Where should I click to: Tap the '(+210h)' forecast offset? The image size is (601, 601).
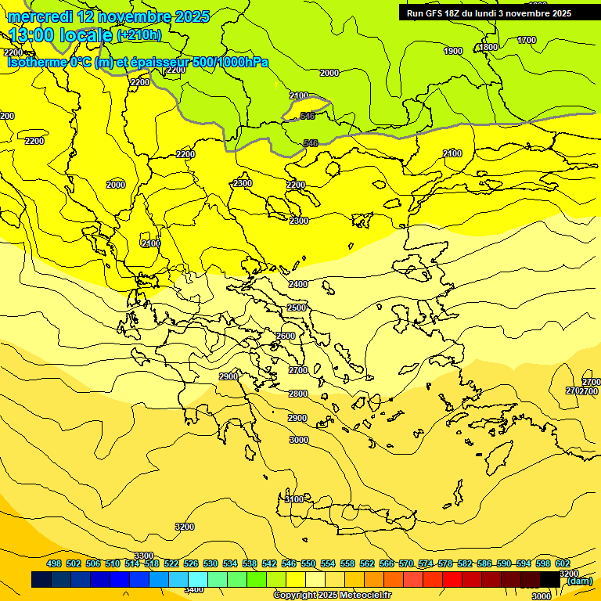click(x=139, y=34)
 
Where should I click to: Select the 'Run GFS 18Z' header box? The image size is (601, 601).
click(x=488, y=13)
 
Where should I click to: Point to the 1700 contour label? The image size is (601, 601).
click(x=527, y=40)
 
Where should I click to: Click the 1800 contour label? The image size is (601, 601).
click(x=488, y=47)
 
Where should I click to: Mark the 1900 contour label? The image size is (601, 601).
click(x=453, y=51)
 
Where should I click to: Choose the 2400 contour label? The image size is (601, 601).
click(x=297, y=284)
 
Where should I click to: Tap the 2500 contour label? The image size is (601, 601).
click(x=297, y=308)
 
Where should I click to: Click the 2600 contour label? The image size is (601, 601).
click(x=286, y=336)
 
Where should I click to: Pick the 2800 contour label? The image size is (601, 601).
click(x=297, y=394)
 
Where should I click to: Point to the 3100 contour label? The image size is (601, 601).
click(x=293, y=499)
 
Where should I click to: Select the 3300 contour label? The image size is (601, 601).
click(x=144, y=556)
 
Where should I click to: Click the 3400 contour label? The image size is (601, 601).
click(x=193, y=589)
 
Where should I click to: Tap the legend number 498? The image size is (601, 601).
click(x=54, y=563)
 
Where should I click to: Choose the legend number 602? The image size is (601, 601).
click(x=562, y=563)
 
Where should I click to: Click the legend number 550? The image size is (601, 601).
click(x=308, y=563)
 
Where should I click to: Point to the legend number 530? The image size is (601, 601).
click(x=211, y=563)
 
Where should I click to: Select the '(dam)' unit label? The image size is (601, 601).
click(x=579, y=581)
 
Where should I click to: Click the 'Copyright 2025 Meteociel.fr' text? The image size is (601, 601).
click(x=332, y=596)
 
